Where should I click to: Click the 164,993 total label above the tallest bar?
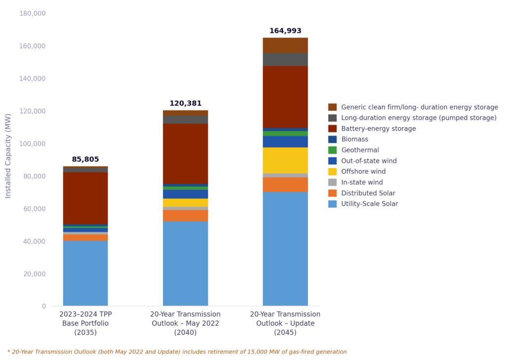pyautogui.click(x=285, y=31)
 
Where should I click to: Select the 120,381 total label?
pyautogui.click(x=185, y=104)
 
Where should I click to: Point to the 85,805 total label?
pyautogui.click(x=85, y=160)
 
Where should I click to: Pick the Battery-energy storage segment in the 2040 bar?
pyautogui.click(x=185, y=153)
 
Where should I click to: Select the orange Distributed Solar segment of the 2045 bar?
pyautogui.click(x=285, y=184)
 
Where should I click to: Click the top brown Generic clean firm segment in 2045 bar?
pyautogui.click(x=285, y=45)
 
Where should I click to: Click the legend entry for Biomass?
pyautogui.click(x=354, y=139)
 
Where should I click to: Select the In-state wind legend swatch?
pyautogui.click(x=333, y=182)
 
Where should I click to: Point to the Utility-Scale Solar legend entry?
pyautogui.click(x=369, y=204)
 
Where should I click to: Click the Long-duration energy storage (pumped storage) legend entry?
pyautogui.click(x=419, y=118)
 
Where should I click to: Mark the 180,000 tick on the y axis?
pyautogui.click(x=32, y=13)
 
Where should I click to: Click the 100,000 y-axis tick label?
pyautogui.click(x=32, y=144)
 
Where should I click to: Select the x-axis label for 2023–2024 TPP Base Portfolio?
pyautogui.click(x=85, y=323)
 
